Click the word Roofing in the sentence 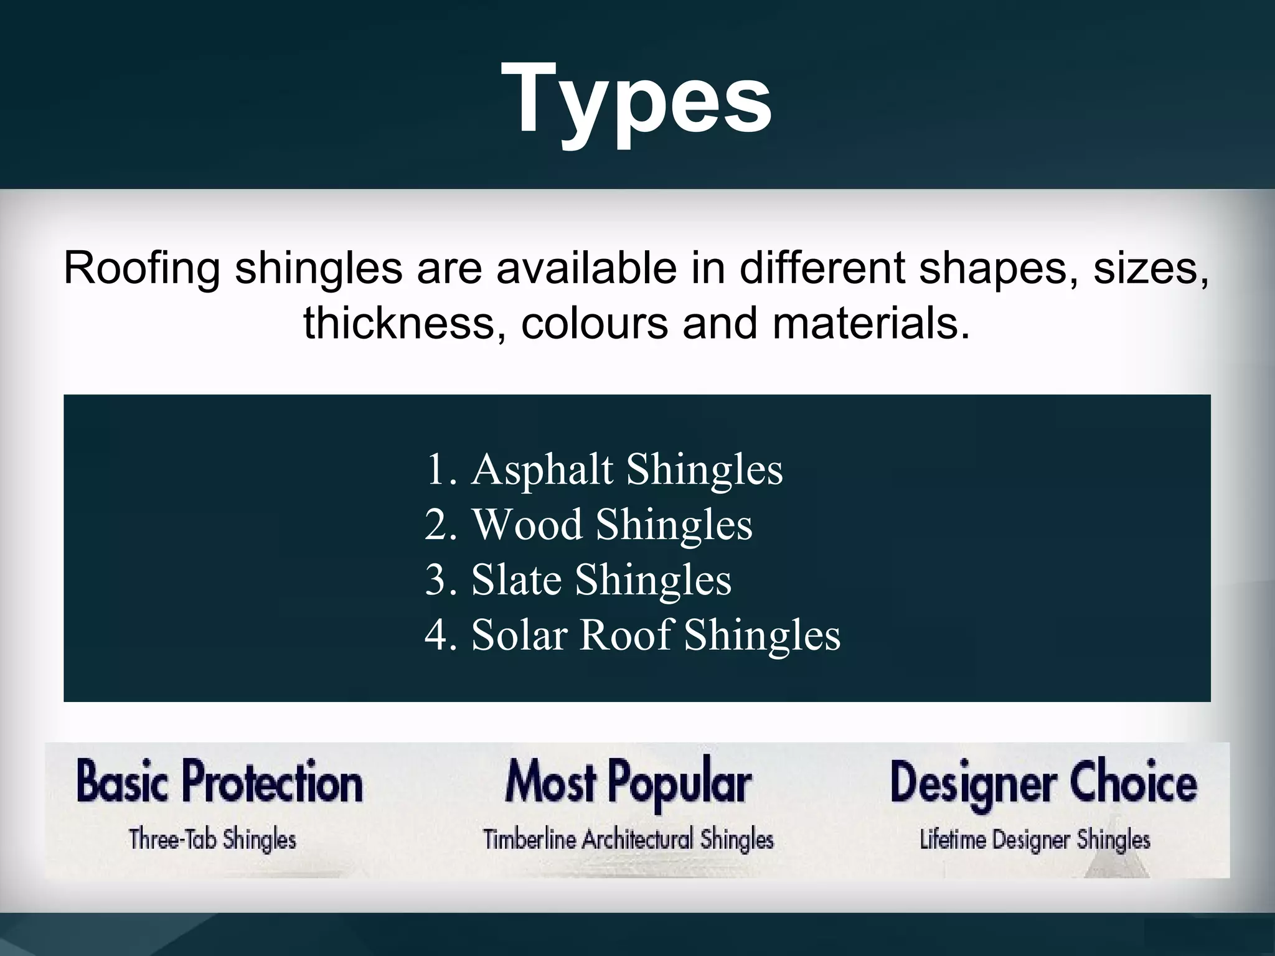(x=142, y=269)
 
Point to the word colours (x=595, y=324)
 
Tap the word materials (x=871, y=324)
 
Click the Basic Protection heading (x=219, y=782)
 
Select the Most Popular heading (x=628, y=782)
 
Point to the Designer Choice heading (x=1043, y=782)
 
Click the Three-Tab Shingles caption (x=213, y=840)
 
